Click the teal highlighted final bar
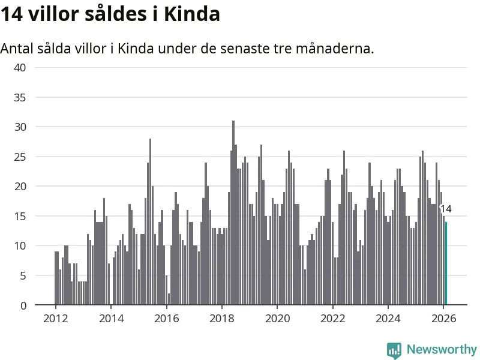446,264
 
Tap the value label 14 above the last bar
446,209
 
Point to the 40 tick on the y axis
20,67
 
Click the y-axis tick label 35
20,97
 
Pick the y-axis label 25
20,157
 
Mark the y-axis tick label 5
23,275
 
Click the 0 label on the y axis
23,305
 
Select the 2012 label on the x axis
55,319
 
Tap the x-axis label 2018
221,319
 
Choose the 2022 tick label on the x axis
332,319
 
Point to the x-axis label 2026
443,319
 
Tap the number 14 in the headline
12,14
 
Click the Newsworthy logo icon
394,350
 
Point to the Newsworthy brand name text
442,350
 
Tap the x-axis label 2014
110,319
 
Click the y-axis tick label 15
20,216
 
